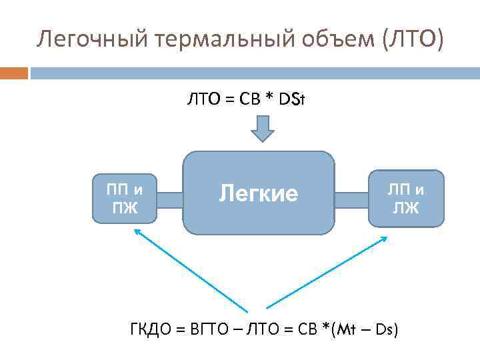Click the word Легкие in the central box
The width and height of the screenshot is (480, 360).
coord(259,193)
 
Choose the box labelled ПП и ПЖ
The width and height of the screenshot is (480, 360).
coord(123,198)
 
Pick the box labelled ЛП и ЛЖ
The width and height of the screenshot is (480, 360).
coord(406,198)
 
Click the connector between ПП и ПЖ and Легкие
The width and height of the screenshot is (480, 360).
coord(170,199)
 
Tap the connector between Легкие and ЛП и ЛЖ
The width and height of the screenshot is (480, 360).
coord(351,199)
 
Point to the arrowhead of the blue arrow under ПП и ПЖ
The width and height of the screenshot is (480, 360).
coord(137,231)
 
